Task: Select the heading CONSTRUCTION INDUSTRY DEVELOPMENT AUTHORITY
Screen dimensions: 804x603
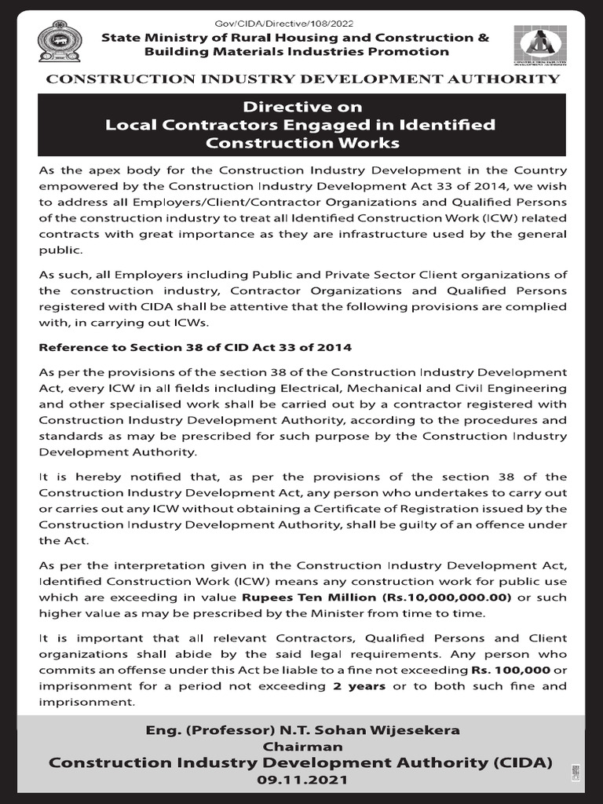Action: click(x=303, y=79)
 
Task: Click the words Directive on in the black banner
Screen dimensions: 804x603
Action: click(x=302, y=107)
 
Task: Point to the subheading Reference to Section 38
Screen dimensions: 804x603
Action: click(x=196, y=346)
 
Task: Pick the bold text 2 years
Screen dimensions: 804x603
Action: click(x=358, y=685)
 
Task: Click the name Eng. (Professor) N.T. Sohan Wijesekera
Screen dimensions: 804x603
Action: click(x=302, y=730)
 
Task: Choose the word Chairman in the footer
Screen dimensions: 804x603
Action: click(x=302, y=746)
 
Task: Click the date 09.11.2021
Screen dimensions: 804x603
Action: click(x=302, y=780)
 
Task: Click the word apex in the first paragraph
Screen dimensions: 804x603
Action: click(x=104, y=170)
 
